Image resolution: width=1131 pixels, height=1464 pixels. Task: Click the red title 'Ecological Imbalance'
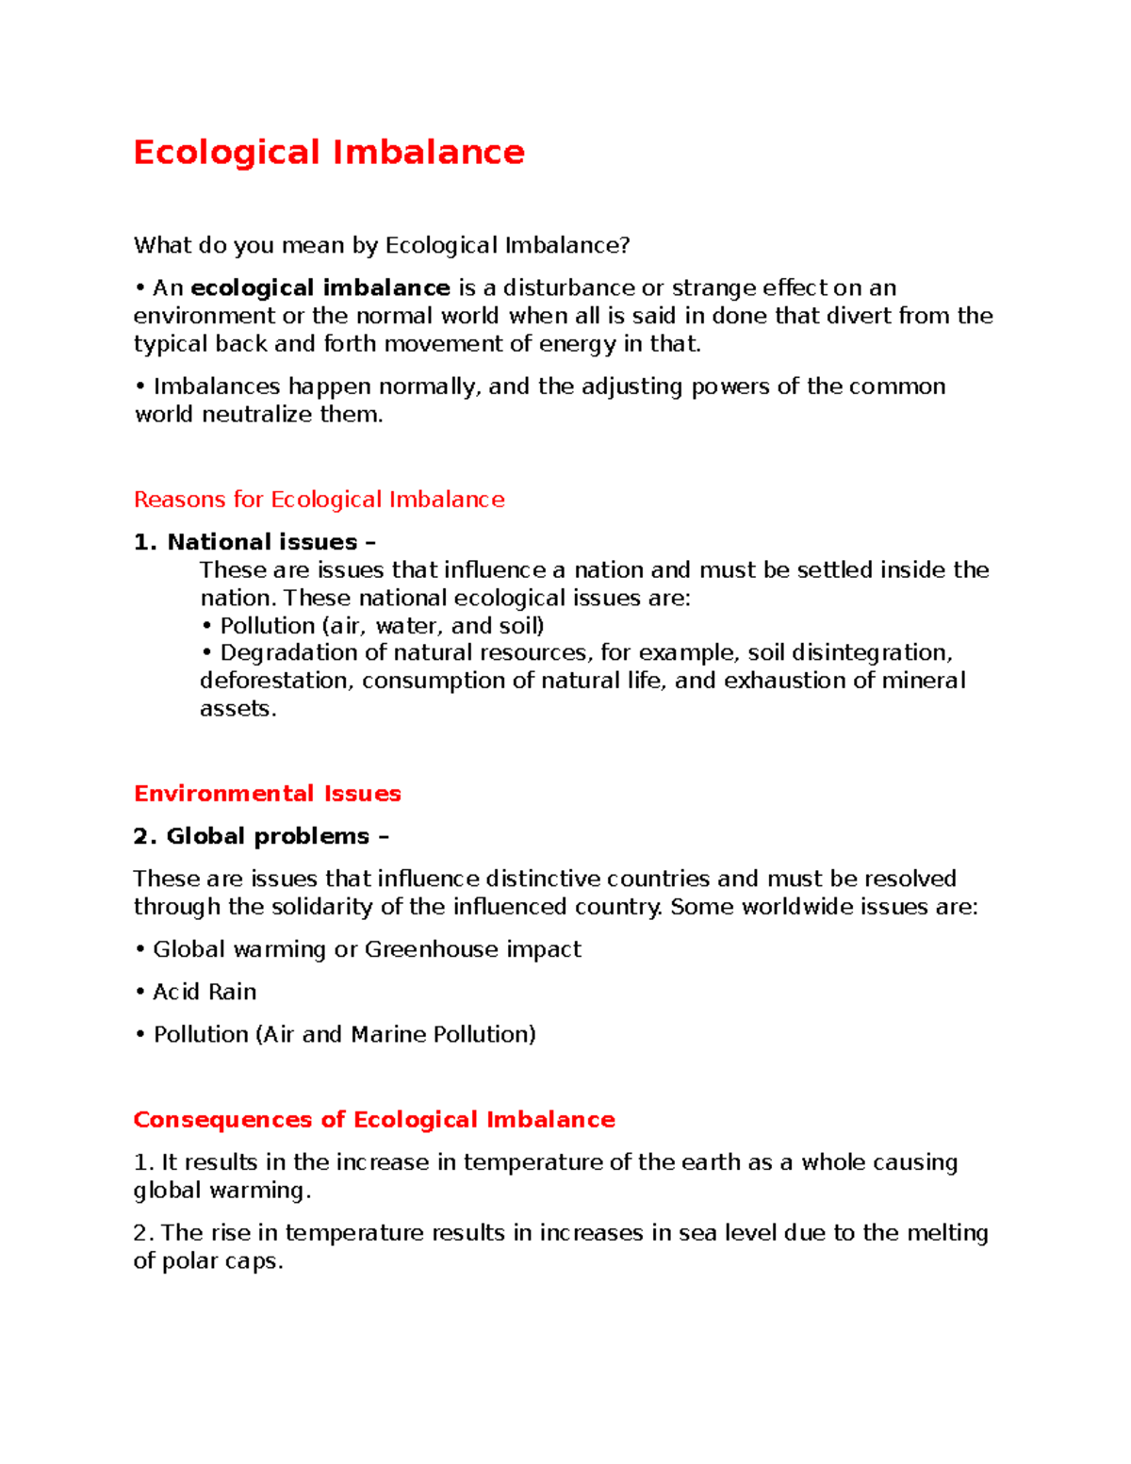(x=329, y=152)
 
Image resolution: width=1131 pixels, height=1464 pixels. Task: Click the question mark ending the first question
(x=624, y=246)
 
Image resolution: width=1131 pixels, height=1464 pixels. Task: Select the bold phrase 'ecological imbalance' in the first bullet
(x=320, y=288)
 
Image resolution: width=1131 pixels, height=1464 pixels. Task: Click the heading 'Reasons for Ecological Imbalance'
(x=319, y=500)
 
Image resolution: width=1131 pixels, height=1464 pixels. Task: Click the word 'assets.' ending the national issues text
(x=238, y=709)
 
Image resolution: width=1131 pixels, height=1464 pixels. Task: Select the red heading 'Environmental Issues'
(x=268, y=794)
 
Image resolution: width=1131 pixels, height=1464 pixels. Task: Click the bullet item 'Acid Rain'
(x=205, y=992)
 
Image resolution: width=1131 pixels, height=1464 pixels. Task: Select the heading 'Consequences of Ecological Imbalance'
(x=374, y=1120)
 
